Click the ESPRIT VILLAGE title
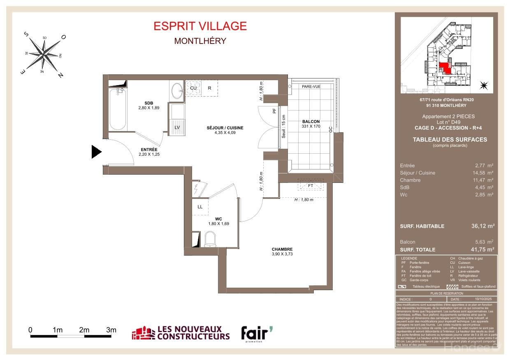coord(200,26)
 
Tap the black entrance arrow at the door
coord(96,152)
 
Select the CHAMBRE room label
coord(282,249)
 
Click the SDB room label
coord(148,103)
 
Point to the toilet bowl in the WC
coord(210,239)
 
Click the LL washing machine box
coord(200,207)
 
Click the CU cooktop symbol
coord(193,88)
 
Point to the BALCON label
coord(311,122)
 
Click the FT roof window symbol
coord(311,185)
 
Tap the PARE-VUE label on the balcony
coord(311,87)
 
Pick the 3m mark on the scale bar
coord(111,330)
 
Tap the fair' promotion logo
coord(257,334)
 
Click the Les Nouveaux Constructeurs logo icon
coord(143,333)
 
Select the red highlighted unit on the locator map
coord(445,68)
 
